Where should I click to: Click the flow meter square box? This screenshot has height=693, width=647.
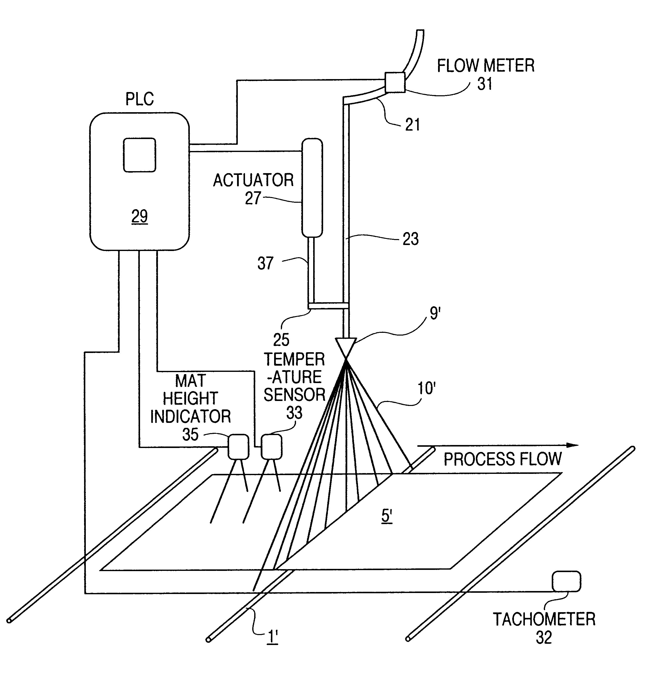pyautogui.click(x=395, y=82)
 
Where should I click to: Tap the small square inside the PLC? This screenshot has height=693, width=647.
pyautogui.click(x=140, y=155)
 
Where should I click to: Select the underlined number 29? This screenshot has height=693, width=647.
pyautogui.click(x=140, y=216)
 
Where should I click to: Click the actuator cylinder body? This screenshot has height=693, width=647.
pyautogui.click(x=312, y=188)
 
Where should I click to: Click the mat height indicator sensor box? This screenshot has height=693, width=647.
pyautogui.click(x=239, y=446)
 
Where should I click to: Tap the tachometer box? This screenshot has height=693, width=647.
pyautogui.click(x=566, y=582)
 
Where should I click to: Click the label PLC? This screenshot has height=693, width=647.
pyautogui.click(x=140, y=99)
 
